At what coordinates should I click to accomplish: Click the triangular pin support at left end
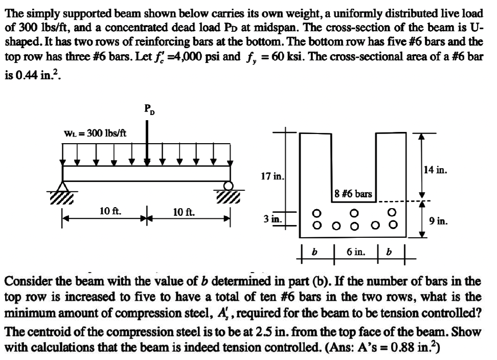click(x=63, y=186)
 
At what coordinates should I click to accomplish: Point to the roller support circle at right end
click(x=229, y=185)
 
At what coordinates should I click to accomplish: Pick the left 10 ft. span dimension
click(x=110, y=211)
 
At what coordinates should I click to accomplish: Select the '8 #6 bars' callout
click(x=352, y=194)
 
